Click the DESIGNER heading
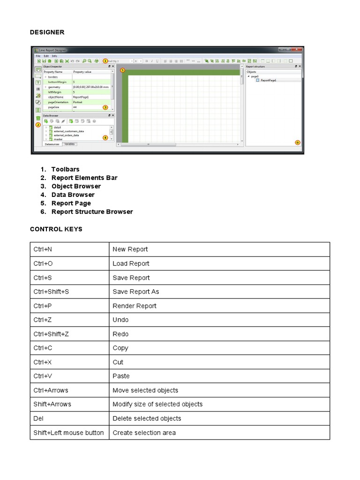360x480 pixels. pos(47,32)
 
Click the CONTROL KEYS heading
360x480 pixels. pos(56,229)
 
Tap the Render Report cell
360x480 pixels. pos(135,306)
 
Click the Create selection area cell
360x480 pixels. pos(144,433)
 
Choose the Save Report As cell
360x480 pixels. pos(135,292)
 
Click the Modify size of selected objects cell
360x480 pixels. pos(157,404)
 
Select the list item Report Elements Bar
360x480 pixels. pos(84,178)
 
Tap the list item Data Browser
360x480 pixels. pos(73,195)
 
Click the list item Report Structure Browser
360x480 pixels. pos(92,211)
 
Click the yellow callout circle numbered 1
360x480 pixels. pos(105,61)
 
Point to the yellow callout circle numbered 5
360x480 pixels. pos(122,71)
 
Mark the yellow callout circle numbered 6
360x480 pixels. pos(297,142)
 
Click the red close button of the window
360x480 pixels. pos(299,49)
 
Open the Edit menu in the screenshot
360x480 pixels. pos(46,56)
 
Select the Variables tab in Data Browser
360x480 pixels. pos(69,144)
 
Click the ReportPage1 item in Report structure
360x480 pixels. pos(268,80)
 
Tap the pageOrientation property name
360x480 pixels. pos(58,102)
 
